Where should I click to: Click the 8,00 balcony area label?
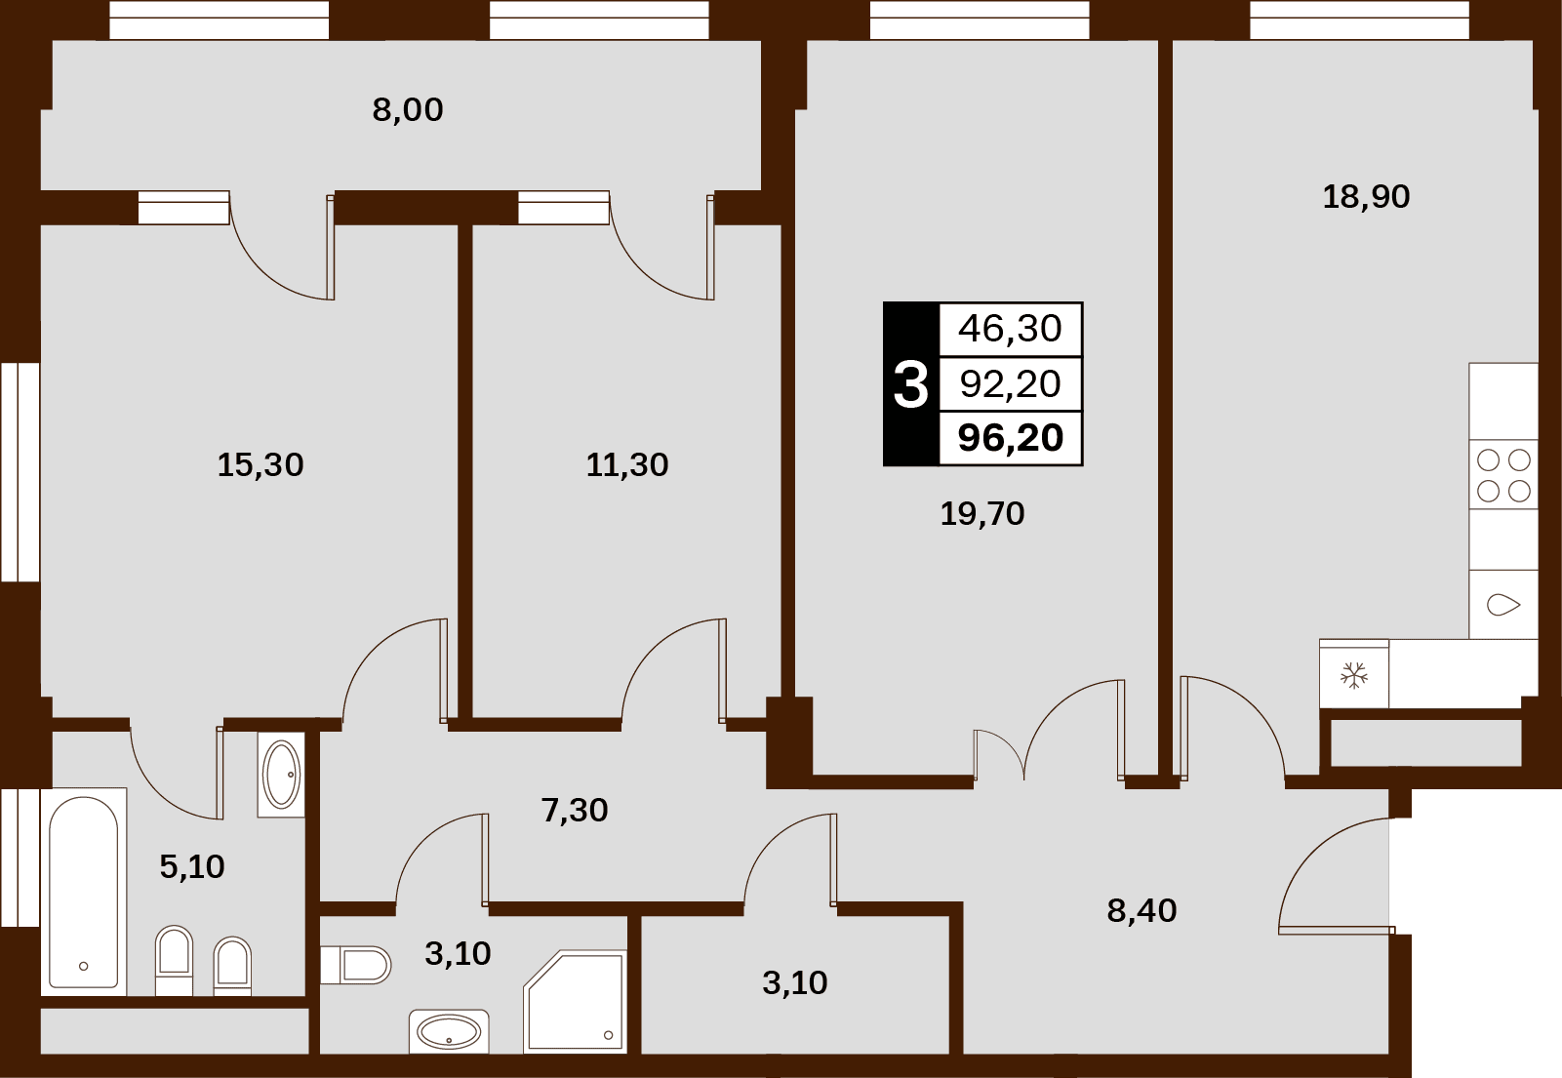coord(407,110)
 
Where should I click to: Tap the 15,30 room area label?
coord(260,465)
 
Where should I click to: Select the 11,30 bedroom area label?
coord(627,465)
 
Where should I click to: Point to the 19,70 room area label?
coord(981,514)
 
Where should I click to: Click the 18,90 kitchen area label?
coord(1366,197)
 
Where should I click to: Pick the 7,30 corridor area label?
coord(575,811)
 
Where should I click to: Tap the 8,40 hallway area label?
coord(1141,910)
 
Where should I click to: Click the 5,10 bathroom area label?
coord(192,867)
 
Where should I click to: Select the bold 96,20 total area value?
coord(1011,439)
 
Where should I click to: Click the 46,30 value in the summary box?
coord(1010,329)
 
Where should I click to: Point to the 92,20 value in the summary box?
coord(1011,384)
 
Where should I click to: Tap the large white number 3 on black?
coord(910,384)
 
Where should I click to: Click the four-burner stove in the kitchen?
coord(1503,475)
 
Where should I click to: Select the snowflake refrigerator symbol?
coord(1354,675)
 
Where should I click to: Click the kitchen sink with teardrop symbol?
coord(1503,604)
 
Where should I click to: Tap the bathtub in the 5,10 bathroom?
coord(84,892)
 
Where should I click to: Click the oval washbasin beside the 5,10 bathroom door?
coord(281,775)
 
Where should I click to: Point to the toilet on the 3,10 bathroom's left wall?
coord(356,965)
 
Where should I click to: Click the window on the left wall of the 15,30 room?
coord(20,472)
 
